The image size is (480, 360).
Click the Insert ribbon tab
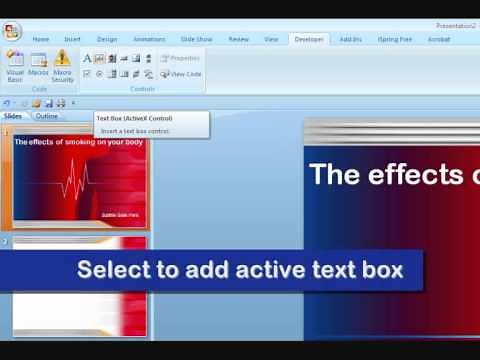point(73,39)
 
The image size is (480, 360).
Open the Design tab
point(107,39)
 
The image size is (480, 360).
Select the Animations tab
point(149,39)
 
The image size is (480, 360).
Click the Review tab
point(239,39)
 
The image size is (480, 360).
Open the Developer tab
point(308,39)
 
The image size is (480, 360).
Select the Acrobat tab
point(439,39)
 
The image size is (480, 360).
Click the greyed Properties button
point(181,58)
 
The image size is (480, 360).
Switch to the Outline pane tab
point(46,116)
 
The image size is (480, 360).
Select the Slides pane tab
point(13,116)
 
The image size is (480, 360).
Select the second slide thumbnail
point(79,285)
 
